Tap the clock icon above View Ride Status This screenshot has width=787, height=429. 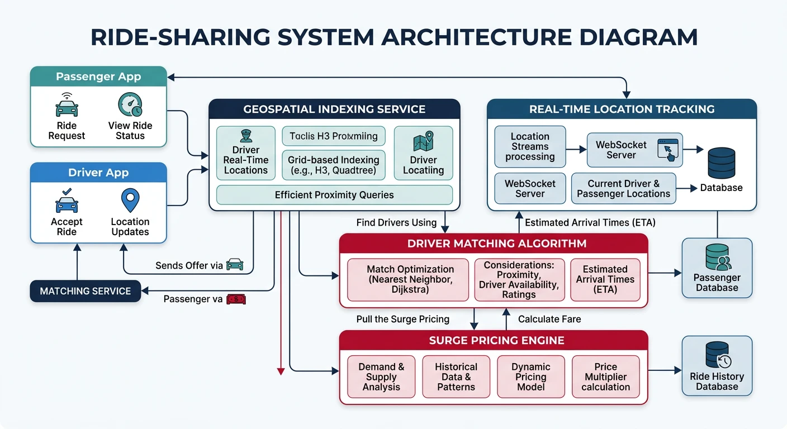coord(130,104)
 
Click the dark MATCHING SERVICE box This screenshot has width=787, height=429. coord(86,291)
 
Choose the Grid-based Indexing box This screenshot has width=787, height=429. coord(333,165)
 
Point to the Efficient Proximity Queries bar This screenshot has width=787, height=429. coord(334,195)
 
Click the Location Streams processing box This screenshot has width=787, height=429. coord(530,146)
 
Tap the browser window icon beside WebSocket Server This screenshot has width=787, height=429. coord(670,150)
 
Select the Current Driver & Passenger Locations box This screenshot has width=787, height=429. coord(623,188)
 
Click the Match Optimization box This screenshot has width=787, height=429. coord(410,279)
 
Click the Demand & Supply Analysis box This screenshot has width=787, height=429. coord(381,376)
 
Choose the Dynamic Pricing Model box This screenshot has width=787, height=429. coord(530,376)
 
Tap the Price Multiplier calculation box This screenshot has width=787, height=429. coord(605,376)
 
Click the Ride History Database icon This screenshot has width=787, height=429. coord(718,354)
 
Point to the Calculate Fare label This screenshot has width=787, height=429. coord(549,320)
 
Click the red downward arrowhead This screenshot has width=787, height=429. coord(281,370)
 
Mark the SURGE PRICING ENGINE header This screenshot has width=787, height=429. coord(496,341)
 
